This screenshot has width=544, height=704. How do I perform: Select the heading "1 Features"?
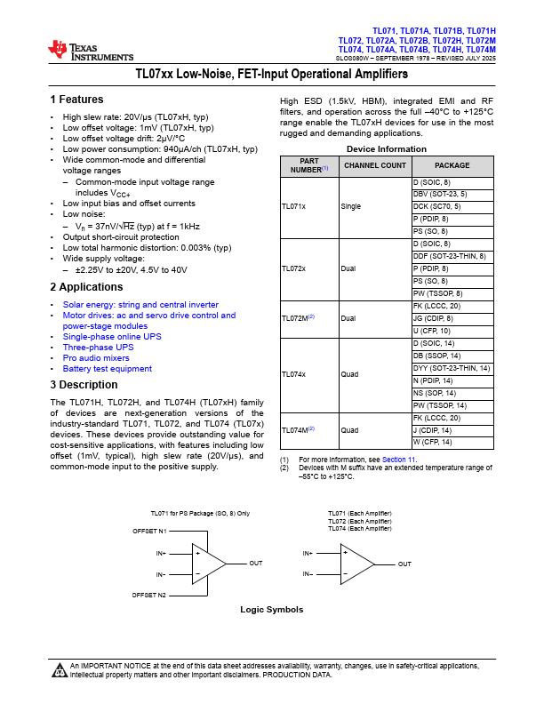coord(76,100)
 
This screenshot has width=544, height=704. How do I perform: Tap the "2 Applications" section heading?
coord(86,287)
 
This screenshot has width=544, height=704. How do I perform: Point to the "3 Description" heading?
coord(84,385)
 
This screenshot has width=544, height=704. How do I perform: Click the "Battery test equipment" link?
coord(107,368)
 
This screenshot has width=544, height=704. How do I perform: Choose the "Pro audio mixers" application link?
coord(95,357)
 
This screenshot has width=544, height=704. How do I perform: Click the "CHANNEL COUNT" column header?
coord(374,166)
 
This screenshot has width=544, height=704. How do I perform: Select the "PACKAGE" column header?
coord(452,166)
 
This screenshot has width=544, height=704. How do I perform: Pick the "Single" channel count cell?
coord(351,206)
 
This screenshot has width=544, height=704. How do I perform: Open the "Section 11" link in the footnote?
coord(398,459)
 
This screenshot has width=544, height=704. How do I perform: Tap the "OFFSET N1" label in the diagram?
coord(149,532)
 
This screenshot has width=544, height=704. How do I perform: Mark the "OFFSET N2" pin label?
coord(149,594)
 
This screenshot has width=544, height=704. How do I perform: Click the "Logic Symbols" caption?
coord(271,610)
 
